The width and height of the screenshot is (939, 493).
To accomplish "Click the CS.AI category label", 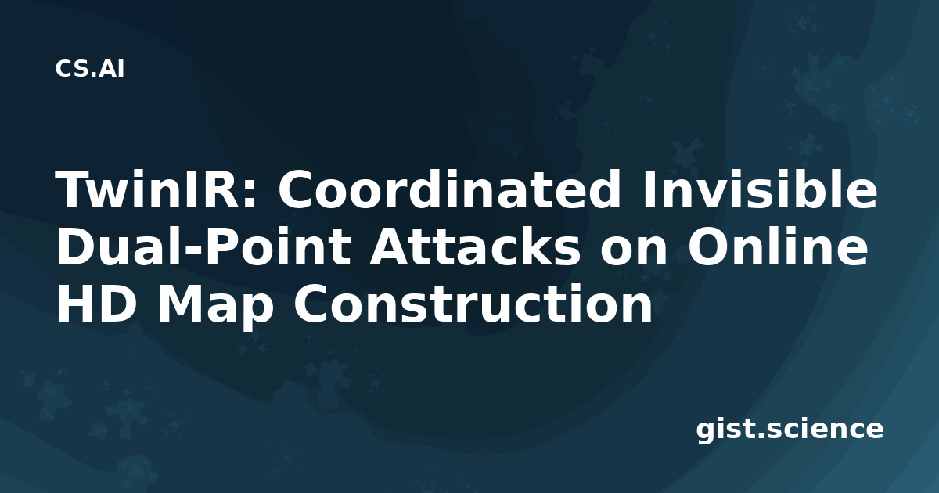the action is click(x=90, y=69).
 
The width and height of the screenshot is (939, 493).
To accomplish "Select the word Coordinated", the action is click(x=448, y=189).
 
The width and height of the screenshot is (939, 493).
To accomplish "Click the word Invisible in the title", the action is click(x=760, y=189).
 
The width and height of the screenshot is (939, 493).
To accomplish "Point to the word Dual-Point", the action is click(x=203, y=246).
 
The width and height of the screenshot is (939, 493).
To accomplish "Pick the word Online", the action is click(x=778, y=246).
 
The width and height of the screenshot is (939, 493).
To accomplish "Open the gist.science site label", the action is click(x=790, y=430).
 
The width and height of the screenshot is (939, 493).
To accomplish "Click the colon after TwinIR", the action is click(x=249, y=196).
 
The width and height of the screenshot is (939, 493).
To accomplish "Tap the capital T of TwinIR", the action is click(x=76, y=189).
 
